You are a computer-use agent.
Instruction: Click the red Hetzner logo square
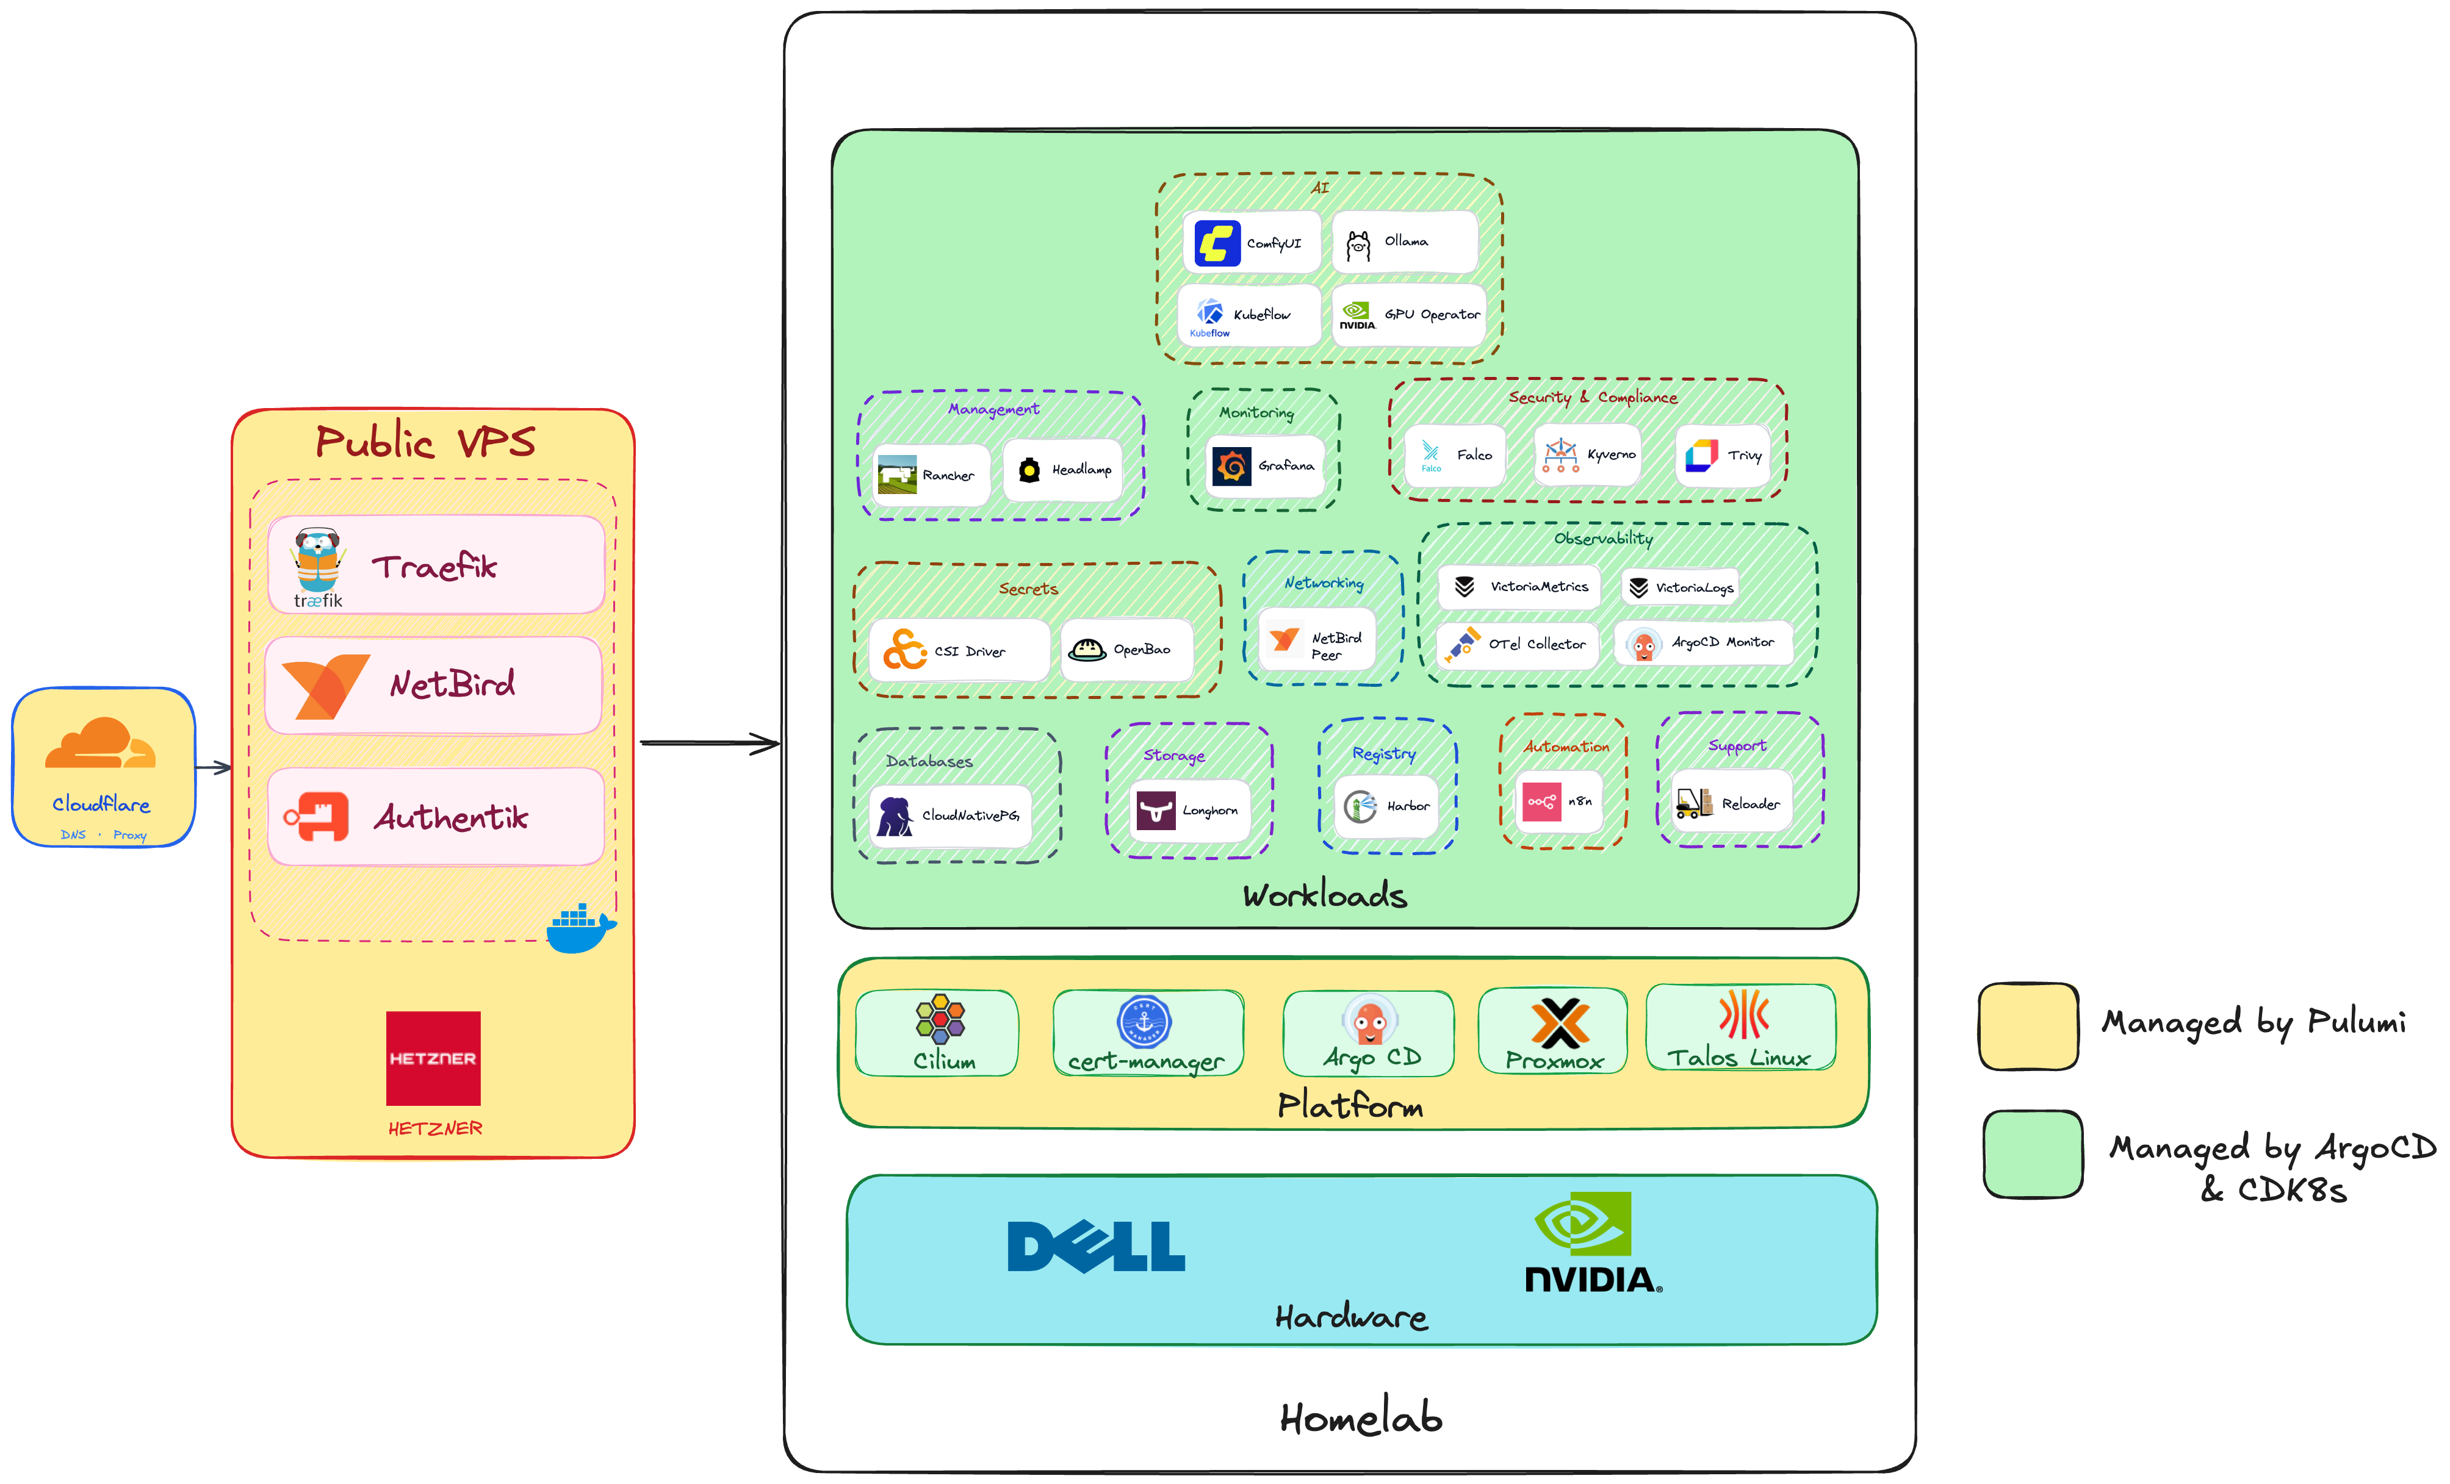click(x=433, y=1058)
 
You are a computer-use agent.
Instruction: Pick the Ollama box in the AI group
click(x=1404, y=242)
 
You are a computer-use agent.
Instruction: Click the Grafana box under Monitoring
click(x=1265, y=465)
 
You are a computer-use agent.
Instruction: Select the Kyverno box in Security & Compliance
click(x=1587, y=455)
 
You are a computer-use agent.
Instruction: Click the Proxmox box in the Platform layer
click(x=1553, y=1032)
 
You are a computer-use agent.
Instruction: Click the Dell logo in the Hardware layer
click(x=1096, y=1247)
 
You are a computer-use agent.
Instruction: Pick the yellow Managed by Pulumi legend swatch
click(x=2028, y=1026)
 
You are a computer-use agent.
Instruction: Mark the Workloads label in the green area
click(x=1324, y=895)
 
